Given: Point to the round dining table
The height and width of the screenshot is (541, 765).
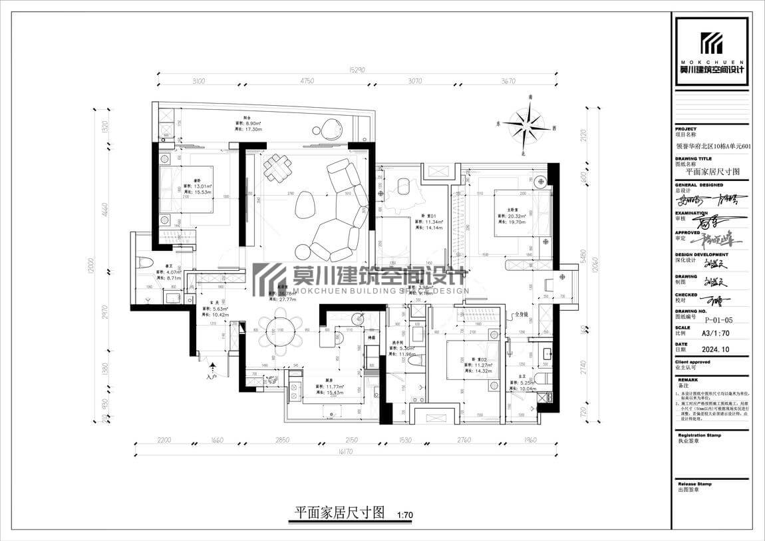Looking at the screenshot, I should pos(280,330).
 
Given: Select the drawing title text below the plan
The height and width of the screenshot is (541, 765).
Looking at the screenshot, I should pos(340,512).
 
